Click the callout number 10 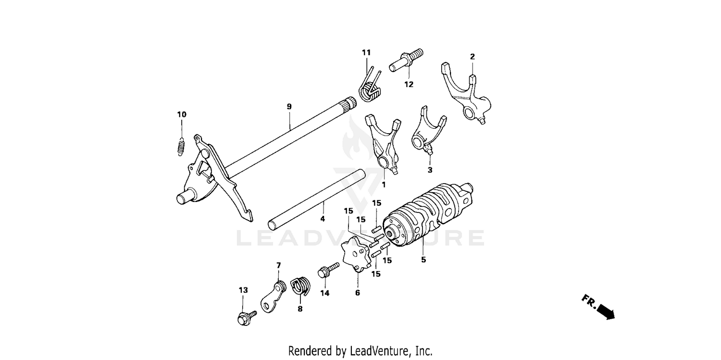[182, 114]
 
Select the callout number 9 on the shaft [289, 107]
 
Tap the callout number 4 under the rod [323, 219]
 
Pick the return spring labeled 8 [300, 286]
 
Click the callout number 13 [243, 290]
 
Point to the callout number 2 [472, 57]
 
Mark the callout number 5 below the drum [423, 260]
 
